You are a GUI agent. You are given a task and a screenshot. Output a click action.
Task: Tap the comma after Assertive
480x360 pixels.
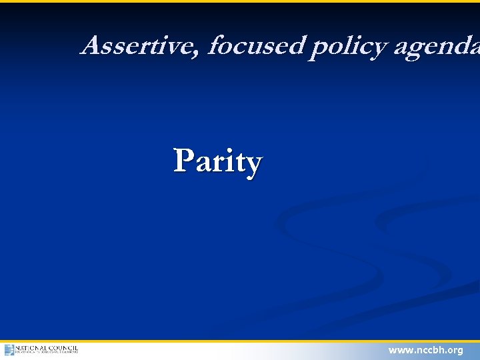[200, 53]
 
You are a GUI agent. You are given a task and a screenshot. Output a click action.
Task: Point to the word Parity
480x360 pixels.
[218, 161]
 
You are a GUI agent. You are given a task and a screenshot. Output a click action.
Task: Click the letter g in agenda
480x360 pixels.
[418, 49]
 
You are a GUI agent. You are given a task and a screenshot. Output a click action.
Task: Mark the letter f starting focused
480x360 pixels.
[215, 45]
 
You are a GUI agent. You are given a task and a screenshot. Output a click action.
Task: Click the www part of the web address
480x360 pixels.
[400, 350]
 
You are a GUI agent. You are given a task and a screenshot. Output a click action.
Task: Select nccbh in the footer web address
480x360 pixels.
[429, 350]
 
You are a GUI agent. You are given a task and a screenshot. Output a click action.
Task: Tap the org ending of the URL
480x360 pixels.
[456, 350]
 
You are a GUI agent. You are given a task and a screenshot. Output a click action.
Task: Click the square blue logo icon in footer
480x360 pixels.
[9, 350]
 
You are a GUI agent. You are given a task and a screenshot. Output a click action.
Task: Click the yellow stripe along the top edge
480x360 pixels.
[240, 1]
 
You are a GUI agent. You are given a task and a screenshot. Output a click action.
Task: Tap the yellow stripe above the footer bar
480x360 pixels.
[240, 341]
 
